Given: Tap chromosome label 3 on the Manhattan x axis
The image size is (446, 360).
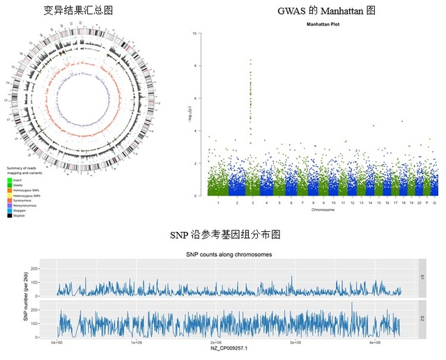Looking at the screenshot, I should click(x=250, y=202).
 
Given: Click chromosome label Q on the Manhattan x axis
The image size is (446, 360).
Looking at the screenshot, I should click(x=435, y=202).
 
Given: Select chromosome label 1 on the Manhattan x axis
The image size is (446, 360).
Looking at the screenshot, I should click(x=218, y=202).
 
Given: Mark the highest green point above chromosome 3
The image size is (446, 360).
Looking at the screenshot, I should click(x=250, y=60).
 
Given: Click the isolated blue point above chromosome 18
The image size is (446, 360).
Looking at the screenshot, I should click(x=402, y=121).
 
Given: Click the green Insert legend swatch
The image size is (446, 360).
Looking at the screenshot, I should click(x=10, y=179).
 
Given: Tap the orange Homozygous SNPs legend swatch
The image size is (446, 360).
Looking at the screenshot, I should click(x=10, y=189).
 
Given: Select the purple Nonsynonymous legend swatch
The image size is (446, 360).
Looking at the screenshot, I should click(x=10, y=205).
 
